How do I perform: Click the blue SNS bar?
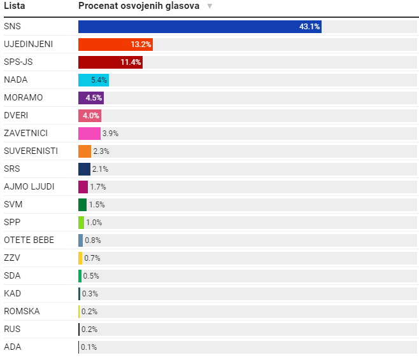[x=199, y=27]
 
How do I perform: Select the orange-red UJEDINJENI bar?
[x=115, y=45]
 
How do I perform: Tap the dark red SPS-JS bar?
[x=110, y=62]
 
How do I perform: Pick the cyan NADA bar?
[x=94, y=80]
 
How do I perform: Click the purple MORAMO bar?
[x=90, y=98]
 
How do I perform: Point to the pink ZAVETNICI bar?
[x=89, y=134]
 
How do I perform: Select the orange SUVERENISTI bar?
[x=85, y=151]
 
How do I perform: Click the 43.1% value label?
[x=309, y=27]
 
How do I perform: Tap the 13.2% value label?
[x=141, y=45]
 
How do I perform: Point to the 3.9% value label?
[x=110, y=134]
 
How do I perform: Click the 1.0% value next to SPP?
[x=94, y=223]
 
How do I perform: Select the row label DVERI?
[x=16, y=116]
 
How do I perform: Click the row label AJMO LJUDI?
[x=29, y=187]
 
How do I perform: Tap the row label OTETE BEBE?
[x=29, y=240]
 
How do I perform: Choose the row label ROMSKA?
[x=22, y=312]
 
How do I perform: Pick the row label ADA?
[x=12, y=347]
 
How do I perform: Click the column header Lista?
[x=15, y=6]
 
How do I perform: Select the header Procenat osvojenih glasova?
[x=138, y=6]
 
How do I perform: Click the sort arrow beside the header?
[x=209, y=6]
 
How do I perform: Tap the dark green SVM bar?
[x=82, y=205]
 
